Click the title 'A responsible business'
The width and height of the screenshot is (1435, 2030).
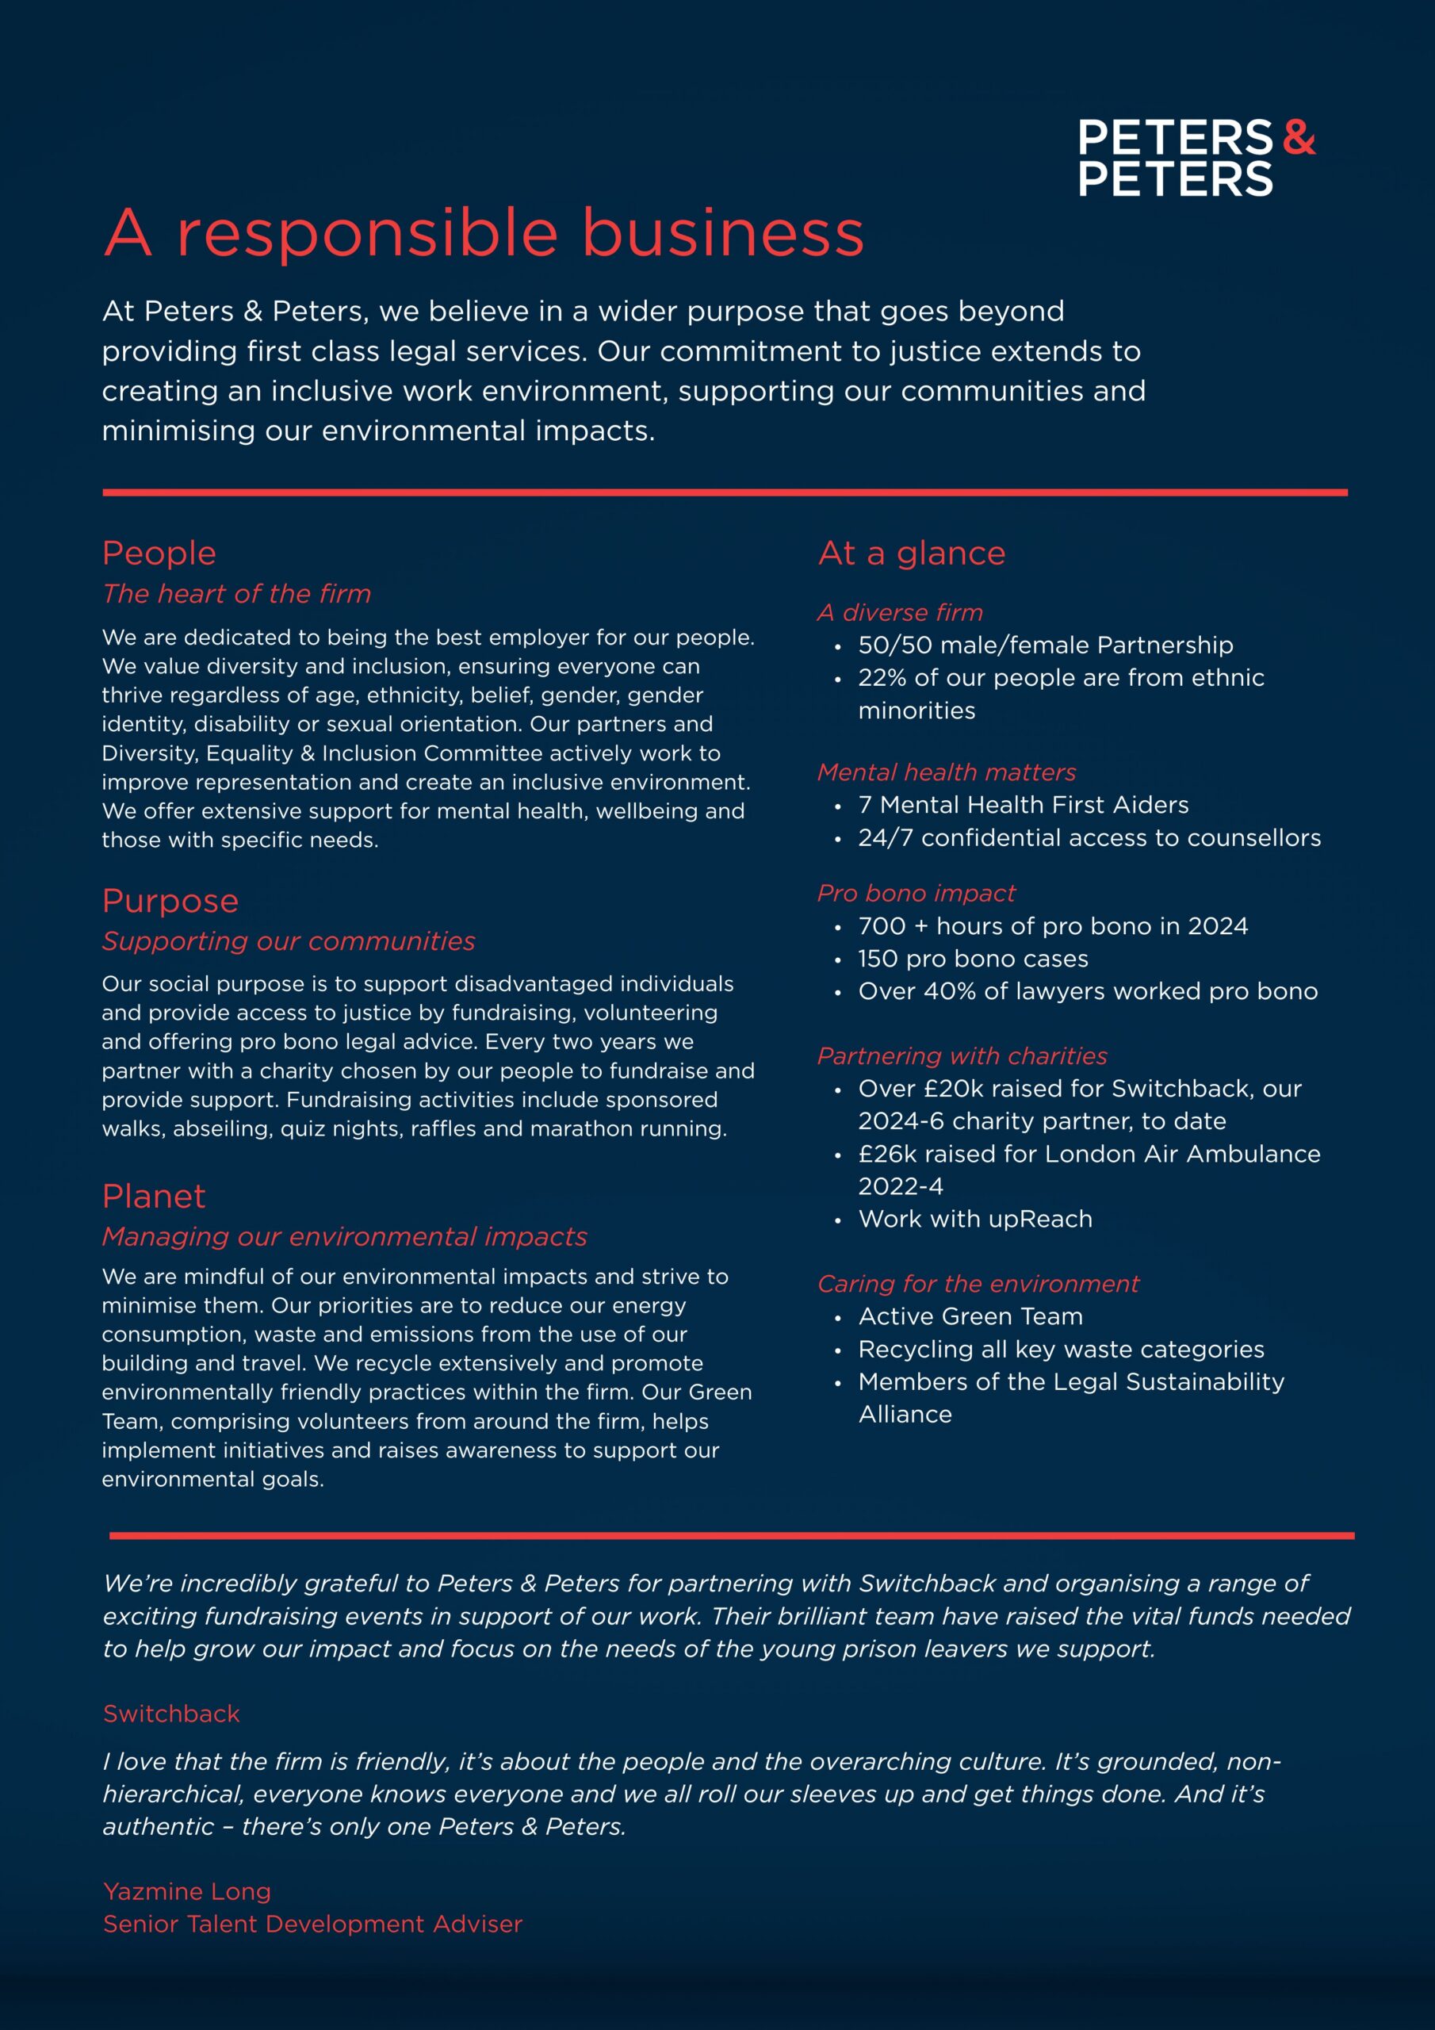tap(484, 233)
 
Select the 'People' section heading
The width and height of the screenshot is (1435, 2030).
tap(159, 553)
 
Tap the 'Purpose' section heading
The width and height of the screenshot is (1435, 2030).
tap(170, 901)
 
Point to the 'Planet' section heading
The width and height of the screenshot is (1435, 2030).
tap(154, 1197)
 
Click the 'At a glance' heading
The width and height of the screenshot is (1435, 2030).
tap(912, 553)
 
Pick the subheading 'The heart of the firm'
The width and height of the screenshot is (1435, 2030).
tap(236, 594)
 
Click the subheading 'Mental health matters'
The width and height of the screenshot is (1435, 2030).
tap(946, 772)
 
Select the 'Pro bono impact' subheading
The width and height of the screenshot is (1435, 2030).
tap(916, 894)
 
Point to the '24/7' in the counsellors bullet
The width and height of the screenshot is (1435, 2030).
tap(885, 838)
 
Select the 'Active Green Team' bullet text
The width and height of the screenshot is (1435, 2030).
tap(970, 1316)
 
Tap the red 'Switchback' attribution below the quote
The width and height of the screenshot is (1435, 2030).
tap(171, 1714)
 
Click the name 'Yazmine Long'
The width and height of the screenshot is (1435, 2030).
tap(187, 1891)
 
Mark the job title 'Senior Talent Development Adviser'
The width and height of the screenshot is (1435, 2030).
tap(312, 1924)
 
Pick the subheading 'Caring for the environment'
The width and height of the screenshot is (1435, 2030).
tap(978, 1284)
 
